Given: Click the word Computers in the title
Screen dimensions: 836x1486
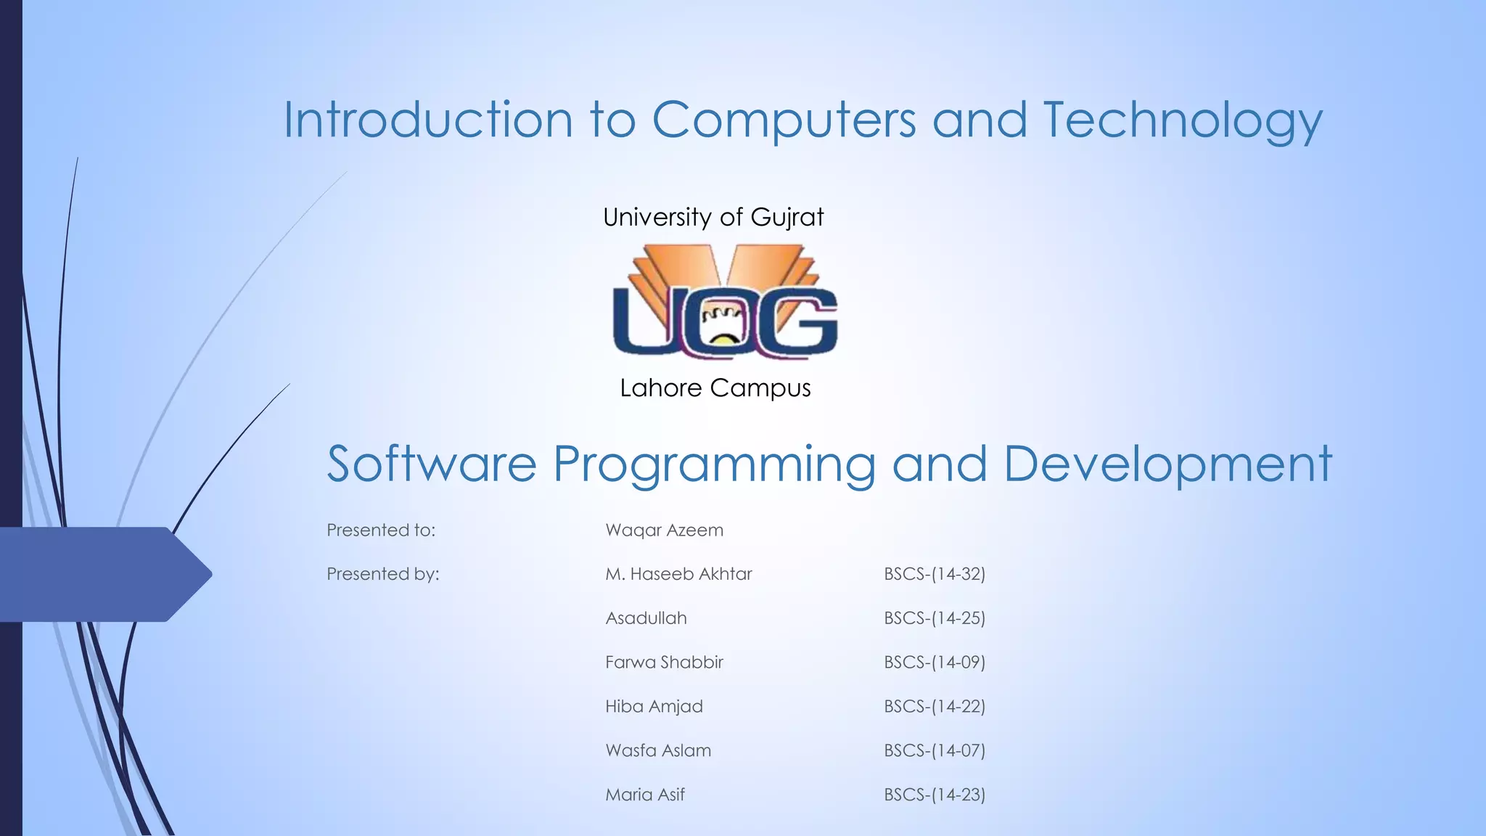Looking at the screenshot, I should coord(784,120).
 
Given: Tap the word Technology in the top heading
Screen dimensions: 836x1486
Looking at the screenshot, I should coord(1183,120).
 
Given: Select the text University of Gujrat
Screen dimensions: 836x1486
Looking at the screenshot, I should coord(713,217).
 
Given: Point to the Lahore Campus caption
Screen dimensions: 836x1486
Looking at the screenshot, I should coord(715,388).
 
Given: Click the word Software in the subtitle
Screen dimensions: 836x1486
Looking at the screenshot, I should coord(432,464).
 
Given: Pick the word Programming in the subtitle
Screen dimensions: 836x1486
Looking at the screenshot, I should coord(715,465).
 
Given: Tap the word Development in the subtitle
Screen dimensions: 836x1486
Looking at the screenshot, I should coord(1167,465).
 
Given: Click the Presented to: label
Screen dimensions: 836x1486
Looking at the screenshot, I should coord(381,530).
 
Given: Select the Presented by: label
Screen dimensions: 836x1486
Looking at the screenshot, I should coord(383,574).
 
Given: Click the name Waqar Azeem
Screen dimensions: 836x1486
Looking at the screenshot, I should coord(664,530).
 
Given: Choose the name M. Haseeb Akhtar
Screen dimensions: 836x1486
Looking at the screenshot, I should coord(678,574).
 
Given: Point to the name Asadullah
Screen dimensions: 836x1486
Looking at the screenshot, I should coord(646,618).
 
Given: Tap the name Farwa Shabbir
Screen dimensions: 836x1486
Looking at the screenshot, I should coord(664,663).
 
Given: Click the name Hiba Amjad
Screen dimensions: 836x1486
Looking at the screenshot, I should coord(654,707).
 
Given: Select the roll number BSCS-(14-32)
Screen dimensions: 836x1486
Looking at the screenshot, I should coord(935,574).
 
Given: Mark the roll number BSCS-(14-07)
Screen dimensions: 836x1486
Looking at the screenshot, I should coord(935,750).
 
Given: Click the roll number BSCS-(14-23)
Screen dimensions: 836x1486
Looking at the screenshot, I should coord(935,795).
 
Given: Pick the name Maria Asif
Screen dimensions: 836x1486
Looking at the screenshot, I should coord(645,795).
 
